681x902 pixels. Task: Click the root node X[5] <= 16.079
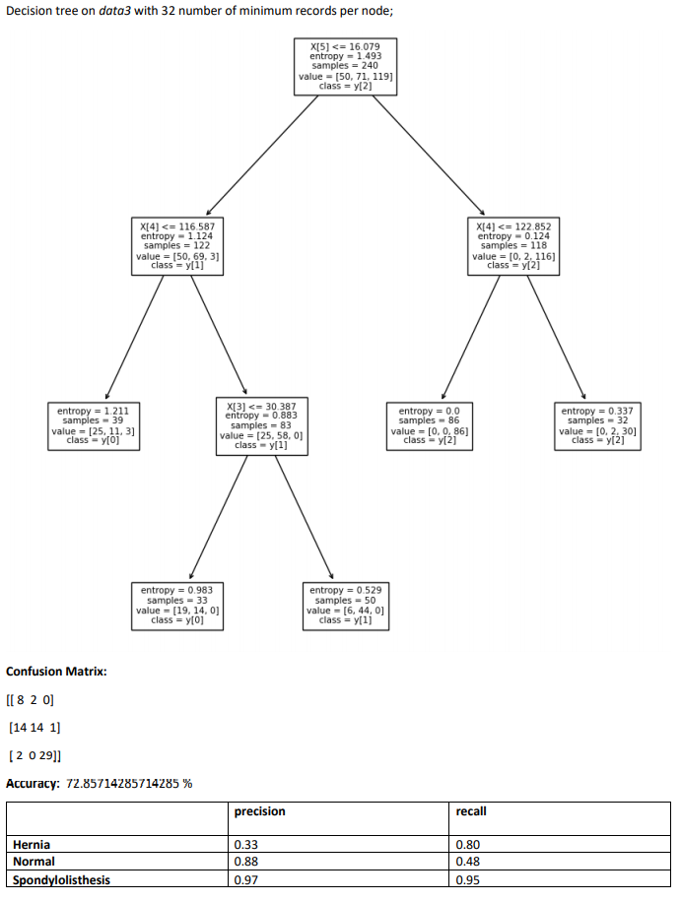[345, 66]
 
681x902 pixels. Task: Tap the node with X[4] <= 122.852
[513, 245]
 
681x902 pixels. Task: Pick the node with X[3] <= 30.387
[261, 425]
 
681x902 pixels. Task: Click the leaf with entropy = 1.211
[94, 425]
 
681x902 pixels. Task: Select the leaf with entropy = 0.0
[429, 425]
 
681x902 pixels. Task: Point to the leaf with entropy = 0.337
[598, 425]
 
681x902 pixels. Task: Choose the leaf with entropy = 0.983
[177, 605]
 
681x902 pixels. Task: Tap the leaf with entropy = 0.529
[345, 605]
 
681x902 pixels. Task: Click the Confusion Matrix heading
[56, 672]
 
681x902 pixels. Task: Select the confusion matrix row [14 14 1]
[34, 728]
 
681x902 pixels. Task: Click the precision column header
[260, 811]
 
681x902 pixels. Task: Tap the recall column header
[471, 811]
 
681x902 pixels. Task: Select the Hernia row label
[32, 845]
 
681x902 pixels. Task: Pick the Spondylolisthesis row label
[61, 880]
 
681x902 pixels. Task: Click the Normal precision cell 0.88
[244, 863]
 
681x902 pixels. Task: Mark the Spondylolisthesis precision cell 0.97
[244, 880]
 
